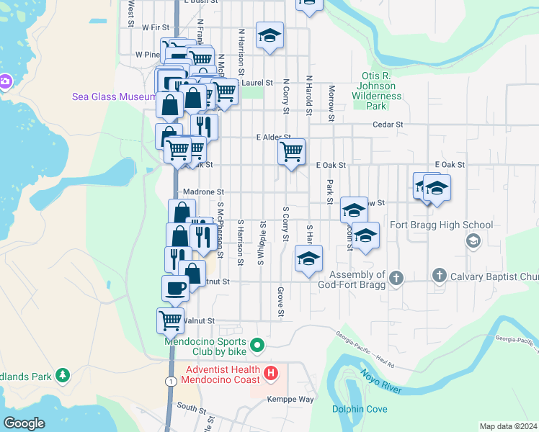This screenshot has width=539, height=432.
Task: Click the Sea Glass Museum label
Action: click(x=114, y=97)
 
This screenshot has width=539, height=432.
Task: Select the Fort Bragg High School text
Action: click(x=441, y=225)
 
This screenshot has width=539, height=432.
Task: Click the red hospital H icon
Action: click(x=270, y=374)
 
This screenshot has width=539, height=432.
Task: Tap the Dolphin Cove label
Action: click(x=360, y=410)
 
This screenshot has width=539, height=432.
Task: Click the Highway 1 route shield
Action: click(x=170, y=380)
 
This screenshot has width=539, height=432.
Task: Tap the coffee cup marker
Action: click(x=175, y=287)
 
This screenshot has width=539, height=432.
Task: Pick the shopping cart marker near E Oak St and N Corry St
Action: click(x=291, y=151)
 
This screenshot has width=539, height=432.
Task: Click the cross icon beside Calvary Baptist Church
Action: click(x=439, y=275)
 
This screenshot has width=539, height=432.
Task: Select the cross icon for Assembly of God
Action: click(x=395, y=277)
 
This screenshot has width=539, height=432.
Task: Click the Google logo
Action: click(x=24, y=423)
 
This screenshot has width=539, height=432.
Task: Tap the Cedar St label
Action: click(x=387, y=124)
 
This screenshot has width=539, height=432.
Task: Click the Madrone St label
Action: click(x=204, y=192)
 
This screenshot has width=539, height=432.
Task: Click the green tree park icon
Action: click(x=63, y=375)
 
